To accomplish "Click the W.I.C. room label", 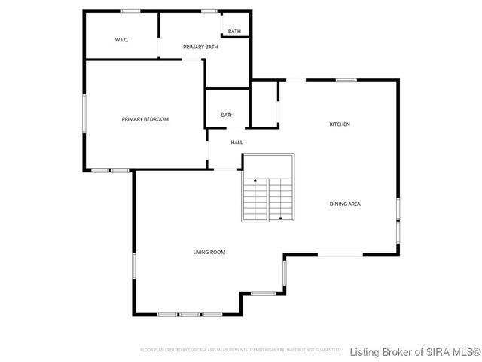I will point(121,39).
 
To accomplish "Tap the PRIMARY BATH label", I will point(200,48).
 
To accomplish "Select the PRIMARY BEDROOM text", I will point(145,119).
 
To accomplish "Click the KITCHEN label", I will point(340,124).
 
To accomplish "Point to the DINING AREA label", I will point(344,204).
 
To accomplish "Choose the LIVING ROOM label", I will point(209,252).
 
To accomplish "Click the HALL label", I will point(236,142).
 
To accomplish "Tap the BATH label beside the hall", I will point(227,115).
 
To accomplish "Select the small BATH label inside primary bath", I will point(234,32).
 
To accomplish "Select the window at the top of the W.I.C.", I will point(130,11).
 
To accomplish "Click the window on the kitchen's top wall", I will point(346,80).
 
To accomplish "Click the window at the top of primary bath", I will point(209,11).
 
